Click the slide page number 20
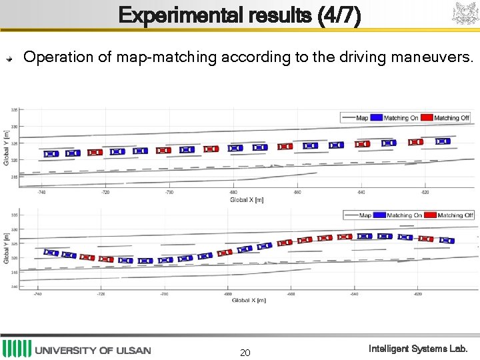click(x=245, y=352)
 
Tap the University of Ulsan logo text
click(x=93, y=350)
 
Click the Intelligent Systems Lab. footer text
click(x=419, y=349)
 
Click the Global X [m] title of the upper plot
click(x=246, y=199)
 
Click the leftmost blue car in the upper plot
click(x=51, y=154)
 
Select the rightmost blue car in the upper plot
click(x=443, y=141)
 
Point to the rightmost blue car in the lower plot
click(x=447, y=240)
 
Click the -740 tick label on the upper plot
click(x=41, y=192)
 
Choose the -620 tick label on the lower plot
click(x=417, y=293)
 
